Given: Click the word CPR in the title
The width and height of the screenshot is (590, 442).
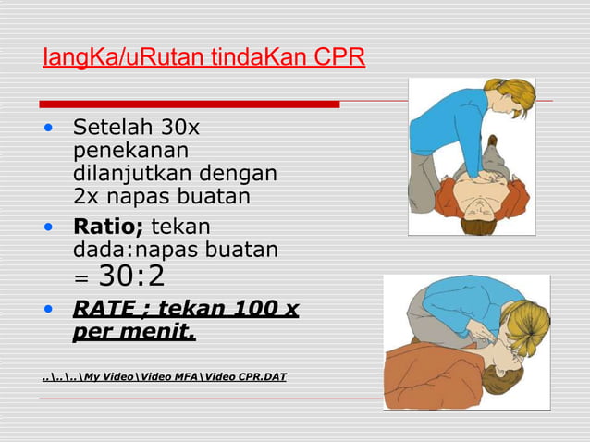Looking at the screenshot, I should point(339,57).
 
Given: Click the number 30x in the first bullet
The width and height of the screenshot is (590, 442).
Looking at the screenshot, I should point(178,127).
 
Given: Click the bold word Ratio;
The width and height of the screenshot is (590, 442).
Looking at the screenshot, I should point(107,227).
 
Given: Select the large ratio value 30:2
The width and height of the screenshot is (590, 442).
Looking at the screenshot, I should point(131,276).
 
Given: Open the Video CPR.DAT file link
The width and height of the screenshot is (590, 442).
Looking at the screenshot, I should point(165,377).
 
